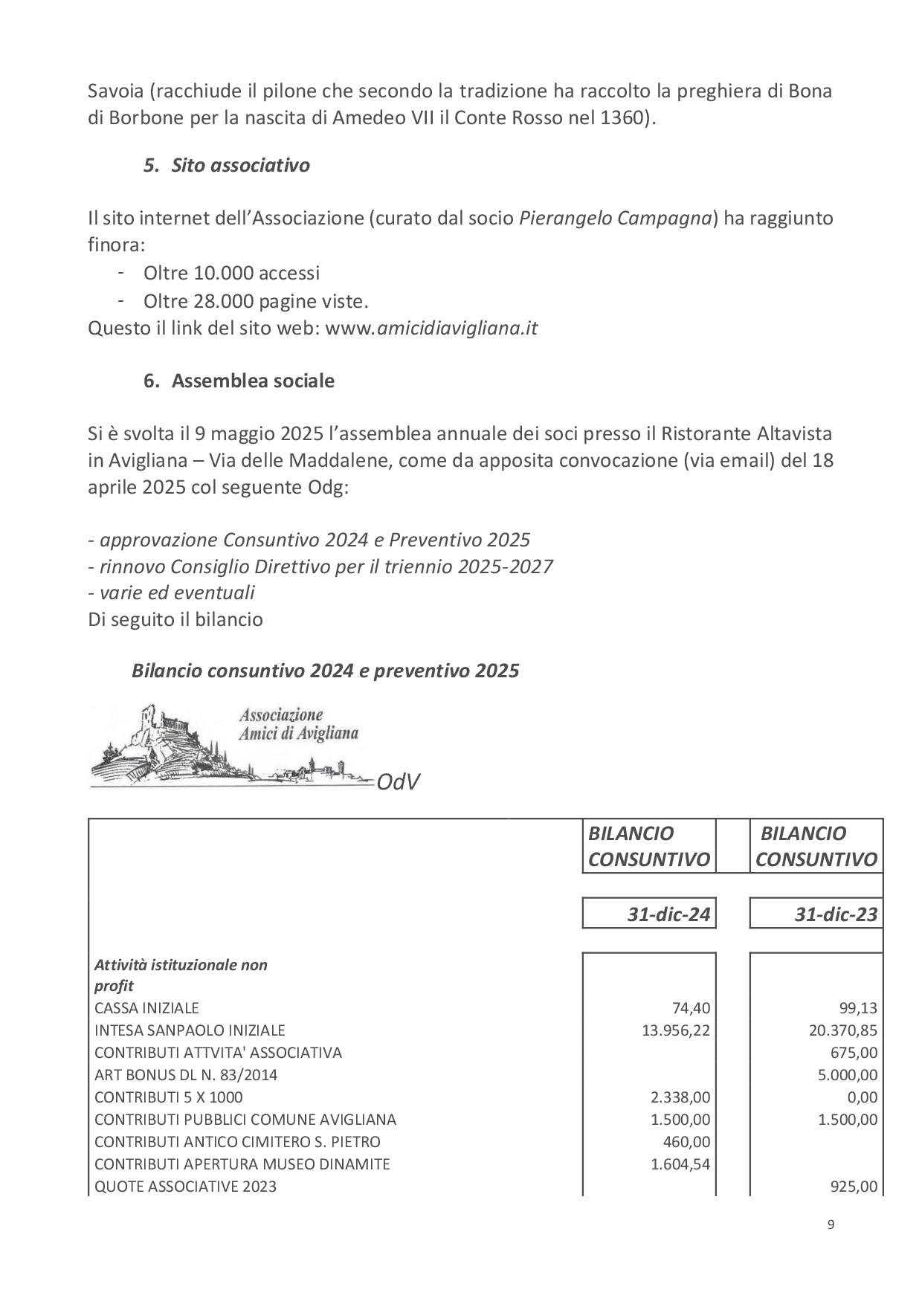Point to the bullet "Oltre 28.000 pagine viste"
256,301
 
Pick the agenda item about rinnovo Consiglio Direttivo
326,567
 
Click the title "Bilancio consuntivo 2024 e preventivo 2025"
325,671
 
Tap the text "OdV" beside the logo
399,782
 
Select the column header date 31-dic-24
668,914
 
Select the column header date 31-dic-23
836,914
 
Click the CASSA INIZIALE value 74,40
691,1008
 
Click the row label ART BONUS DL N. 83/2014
186,1075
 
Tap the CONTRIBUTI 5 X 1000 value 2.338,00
680,1097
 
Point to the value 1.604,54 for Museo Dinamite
680,1163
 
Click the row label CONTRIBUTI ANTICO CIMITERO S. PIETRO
237,1141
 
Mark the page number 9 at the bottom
831,1225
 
